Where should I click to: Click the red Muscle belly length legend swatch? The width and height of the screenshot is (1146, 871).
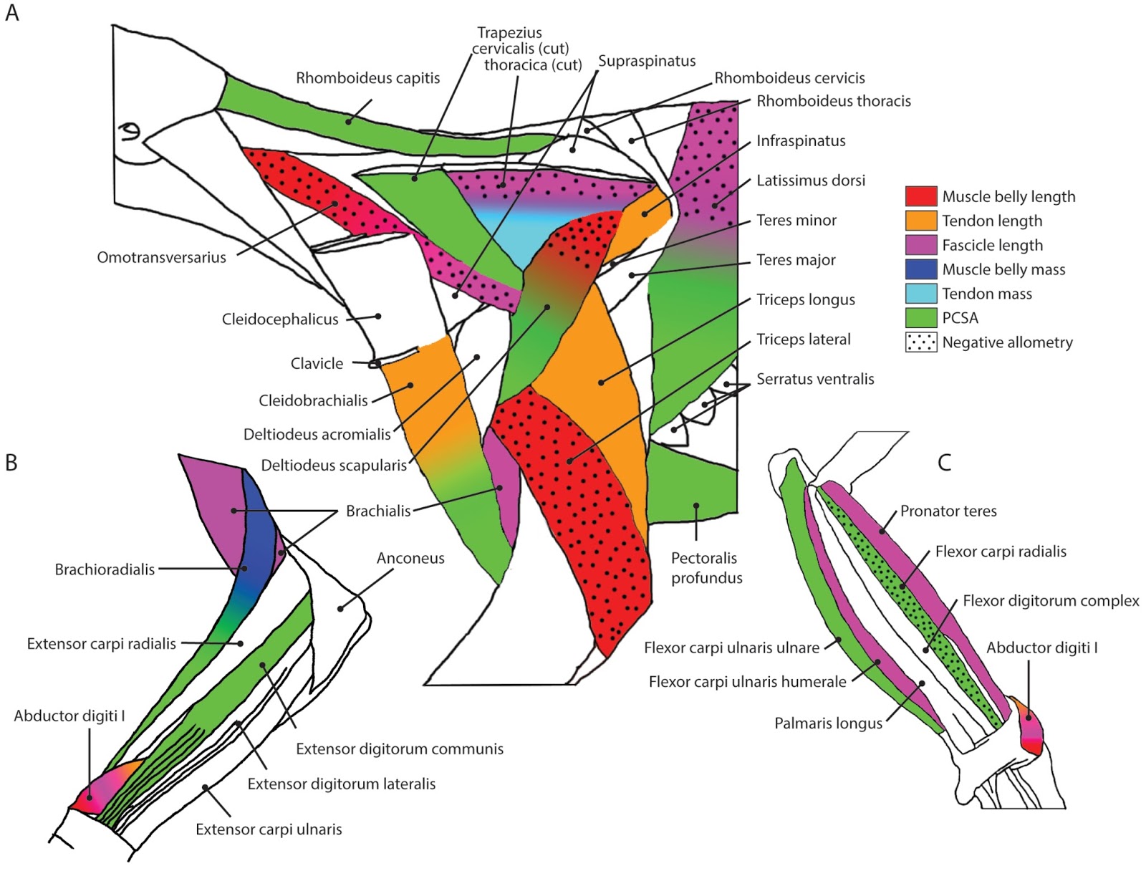tap(920, 196)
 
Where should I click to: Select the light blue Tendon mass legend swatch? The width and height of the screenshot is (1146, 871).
tap(920, 294)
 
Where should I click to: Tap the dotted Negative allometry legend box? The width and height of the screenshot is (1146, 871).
tap(920, 342)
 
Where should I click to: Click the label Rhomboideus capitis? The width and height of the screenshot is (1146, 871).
tap(367, 78)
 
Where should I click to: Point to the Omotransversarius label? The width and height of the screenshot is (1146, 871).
tap(161, 257)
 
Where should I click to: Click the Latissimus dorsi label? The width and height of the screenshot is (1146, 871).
tap(811, 181)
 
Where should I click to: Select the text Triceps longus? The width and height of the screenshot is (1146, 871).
tap(806, 299)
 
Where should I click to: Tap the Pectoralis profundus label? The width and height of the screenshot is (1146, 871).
tap(706, 568)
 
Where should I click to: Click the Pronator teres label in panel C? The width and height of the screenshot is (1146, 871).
tap(948, 511)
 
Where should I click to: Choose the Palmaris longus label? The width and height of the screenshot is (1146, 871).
tap(828, 723)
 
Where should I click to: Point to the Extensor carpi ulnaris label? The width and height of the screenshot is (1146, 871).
tap(269, 829)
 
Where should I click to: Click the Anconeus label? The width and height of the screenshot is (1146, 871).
tap(410, 558)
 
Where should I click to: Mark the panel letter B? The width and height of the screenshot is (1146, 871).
tap(11, 463)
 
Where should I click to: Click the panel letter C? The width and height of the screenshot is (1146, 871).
tap(944, 463)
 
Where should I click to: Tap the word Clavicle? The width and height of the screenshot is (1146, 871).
tap(317, 364)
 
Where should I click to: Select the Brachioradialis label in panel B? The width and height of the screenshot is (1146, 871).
tap(105, 569)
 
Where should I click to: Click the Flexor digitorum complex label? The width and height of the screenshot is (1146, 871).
tap(1050, 601)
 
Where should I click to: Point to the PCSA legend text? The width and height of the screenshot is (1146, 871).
tap(960, 318)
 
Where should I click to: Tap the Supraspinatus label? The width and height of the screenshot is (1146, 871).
tap(647, 61)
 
